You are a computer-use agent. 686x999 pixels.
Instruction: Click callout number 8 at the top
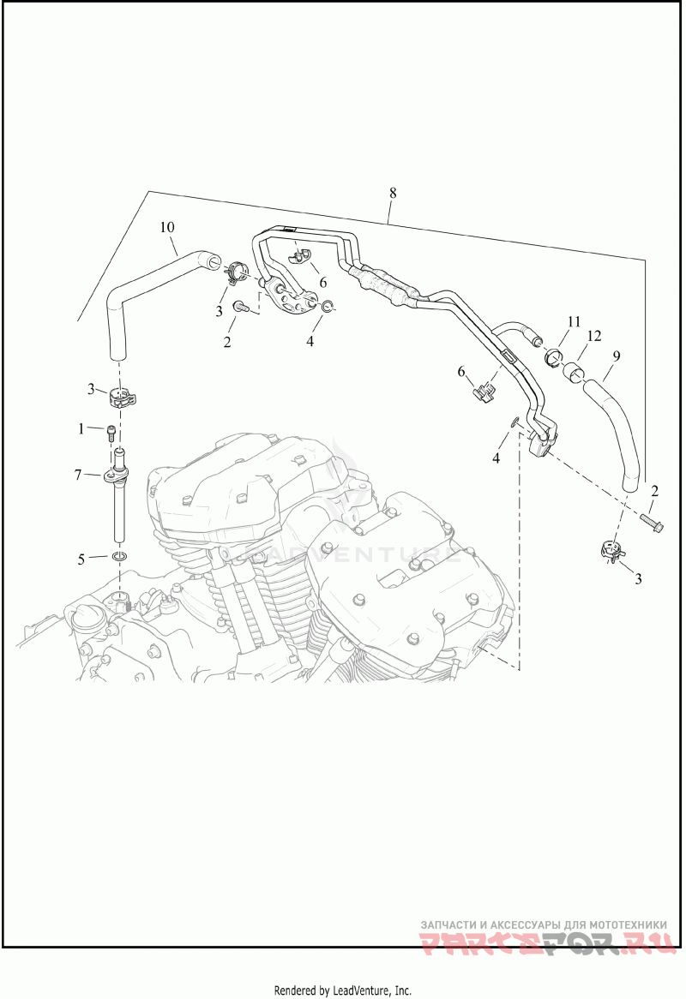(392, 193)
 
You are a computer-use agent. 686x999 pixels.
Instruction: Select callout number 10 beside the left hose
(167, 227)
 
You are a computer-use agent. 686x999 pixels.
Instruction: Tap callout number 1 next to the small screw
(81, 427)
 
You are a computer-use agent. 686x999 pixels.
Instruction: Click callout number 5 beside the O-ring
(81, 559)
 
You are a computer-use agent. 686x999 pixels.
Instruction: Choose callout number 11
(573, 322)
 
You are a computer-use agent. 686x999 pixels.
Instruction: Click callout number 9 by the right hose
(617, 355)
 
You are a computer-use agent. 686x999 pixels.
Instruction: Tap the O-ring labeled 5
(120, 559)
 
